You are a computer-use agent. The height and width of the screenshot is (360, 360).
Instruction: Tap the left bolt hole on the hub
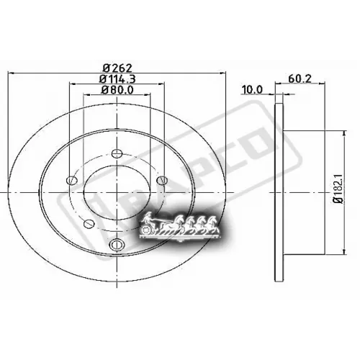[70, 181]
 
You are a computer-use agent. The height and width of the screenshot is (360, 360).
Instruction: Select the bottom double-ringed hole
[115, 246]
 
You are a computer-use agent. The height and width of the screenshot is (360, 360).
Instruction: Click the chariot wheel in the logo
[149, 229]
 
